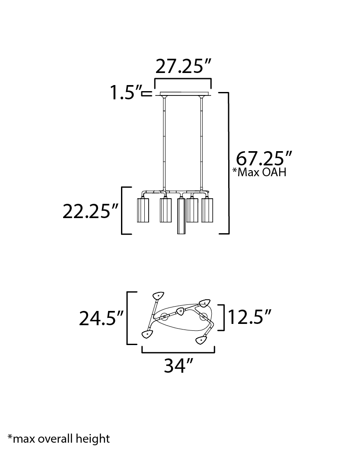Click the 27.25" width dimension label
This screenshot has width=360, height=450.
point(183,67)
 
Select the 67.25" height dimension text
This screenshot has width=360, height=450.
point(264,158)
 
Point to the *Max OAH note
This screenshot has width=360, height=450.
point(259,172)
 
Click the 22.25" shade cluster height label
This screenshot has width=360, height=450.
point(90,212)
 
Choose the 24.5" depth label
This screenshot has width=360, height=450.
point(101,318)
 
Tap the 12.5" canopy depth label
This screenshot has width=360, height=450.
point(249,317)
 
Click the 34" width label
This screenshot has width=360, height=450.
point(178,365)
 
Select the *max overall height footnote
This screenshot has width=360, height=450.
point(59,438)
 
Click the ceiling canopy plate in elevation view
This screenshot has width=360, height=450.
point(183,94)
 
